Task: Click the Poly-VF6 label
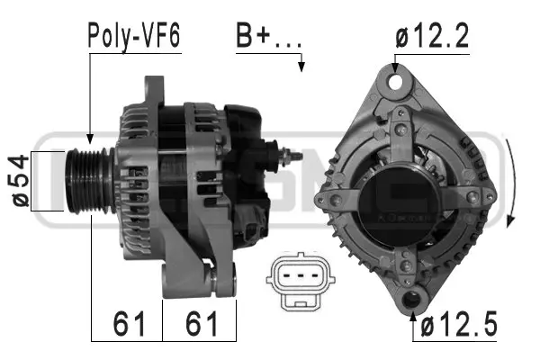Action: [x=133, y=36]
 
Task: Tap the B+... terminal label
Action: [x=268, y=36]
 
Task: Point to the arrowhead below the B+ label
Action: [x=303, y=67]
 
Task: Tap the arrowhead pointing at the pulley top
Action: [x=89, y=139]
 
